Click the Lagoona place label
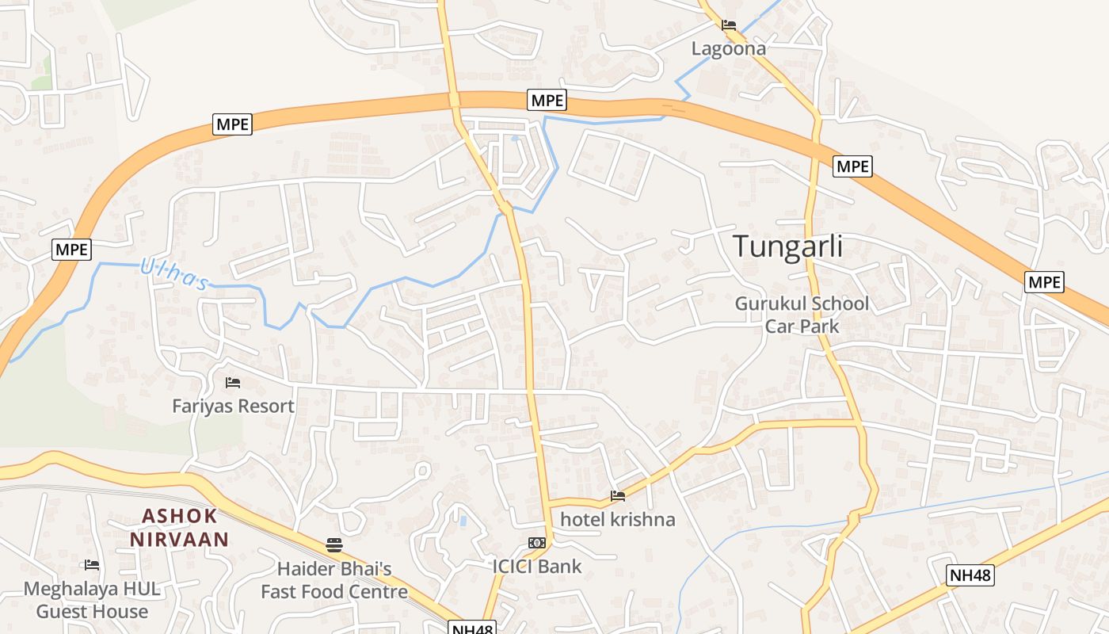[729, 48]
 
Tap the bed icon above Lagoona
[729, 25]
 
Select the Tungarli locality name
[787, 246]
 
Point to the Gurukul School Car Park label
[802, 315]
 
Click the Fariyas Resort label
[233, 407]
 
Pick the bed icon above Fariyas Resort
[233, 383]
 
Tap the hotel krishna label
[618, 520]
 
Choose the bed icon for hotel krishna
[618, 496]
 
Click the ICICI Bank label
[537, 567]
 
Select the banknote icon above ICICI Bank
[537, 543]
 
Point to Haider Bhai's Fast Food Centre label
[334, 580]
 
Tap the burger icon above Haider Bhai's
[334, 545]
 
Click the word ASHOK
[179, 516]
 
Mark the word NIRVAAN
[179, 540]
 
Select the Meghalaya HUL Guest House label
[92, 600]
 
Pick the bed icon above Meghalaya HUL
[92, 565]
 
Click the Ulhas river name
[174, 274]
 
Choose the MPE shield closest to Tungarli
[852, 166]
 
